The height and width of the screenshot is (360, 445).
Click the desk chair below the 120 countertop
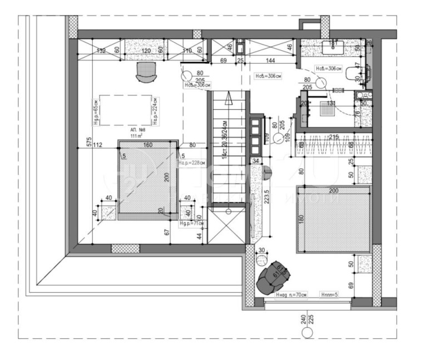click(x=146, y=71)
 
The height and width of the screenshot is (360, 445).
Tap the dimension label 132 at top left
click(x=101, y=51)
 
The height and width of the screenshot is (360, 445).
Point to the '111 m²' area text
click(x=136, y=135)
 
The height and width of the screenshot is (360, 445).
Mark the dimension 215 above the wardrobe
click(x=334, y=136)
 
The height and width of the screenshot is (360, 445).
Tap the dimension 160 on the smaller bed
click(x=147, y=146)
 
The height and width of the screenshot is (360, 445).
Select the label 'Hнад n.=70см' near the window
click(x=291, y=295)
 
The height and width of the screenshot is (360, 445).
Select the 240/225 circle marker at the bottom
click(x=306, y=333)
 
